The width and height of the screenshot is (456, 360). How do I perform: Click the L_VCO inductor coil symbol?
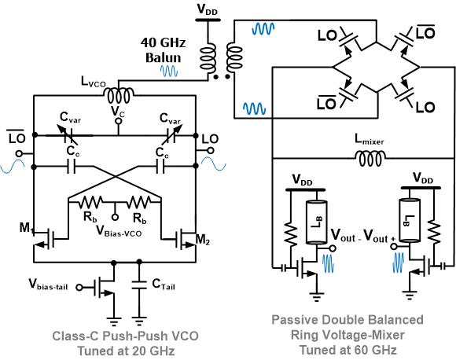[x=119, y=96]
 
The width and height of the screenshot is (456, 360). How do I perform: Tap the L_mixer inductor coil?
[x=370, y=159]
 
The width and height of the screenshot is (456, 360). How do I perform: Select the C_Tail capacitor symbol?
[x=139, y=285]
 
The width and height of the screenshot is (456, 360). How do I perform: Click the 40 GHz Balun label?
[x=164, y=50]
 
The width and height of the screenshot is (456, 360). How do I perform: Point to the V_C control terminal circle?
[x=118, y=121]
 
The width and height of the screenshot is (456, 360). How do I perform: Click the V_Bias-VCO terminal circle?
[x=116, y=217]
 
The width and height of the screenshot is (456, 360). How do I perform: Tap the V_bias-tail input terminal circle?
[x=79, y=288]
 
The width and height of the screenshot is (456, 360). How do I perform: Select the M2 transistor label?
[x=203, y=240]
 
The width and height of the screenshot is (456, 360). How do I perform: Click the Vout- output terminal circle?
[x=333, y=248]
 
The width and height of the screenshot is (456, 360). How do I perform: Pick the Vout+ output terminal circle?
[x=394, y=247]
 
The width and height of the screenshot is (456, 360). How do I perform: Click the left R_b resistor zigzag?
[x=90, y=201]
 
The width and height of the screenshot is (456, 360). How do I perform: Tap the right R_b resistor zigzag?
[x=138, y=201]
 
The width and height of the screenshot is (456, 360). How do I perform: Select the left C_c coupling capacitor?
[x=72, y=167]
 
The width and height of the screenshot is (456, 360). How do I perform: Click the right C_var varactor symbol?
[x=171, y=135]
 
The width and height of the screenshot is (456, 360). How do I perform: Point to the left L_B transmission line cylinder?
[x=316, y=222]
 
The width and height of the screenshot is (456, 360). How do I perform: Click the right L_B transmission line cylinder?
[x=410, y=220]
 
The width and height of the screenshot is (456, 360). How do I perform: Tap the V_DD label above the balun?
[x=208, y=9]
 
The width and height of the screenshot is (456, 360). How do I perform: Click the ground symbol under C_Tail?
[x=139, y=321]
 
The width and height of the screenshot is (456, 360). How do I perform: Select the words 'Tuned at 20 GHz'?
[x=126, y=351]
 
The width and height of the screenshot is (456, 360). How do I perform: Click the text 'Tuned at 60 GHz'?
[x=348, y=349]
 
